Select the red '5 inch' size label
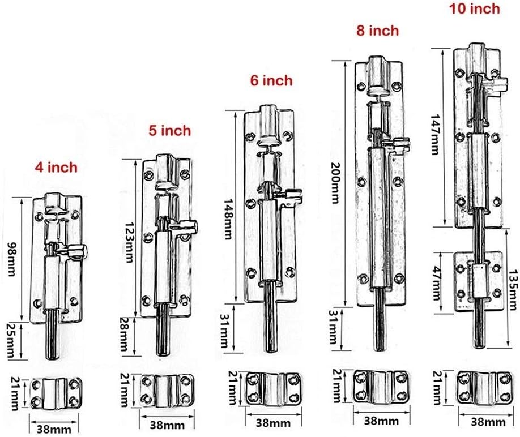[170, 131]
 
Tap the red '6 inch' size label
[271, 80]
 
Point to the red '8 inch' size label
[377, 31]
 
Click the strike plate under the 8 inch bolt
[381, 385]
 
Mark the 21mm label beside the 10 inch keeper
[437, 384]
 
